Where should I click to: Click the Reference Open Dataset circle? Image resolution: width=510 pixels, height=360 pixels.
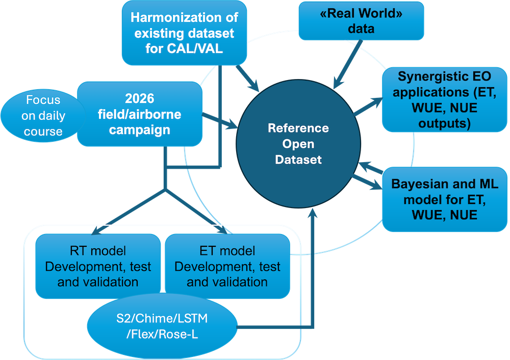[x=298, y=144]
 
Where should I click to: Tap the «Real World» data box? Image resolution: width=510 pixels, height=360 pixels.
[x=361, y=20]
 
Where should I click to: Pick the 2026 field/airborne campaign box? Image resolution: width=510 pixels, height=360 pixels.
[x=139, y=115]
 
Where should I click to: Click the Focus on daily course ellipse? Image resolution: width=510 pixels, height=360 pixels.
[x=43, y=116]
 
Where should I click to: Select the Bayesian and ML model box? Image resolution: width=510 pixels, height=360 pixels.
[x=445, y=199]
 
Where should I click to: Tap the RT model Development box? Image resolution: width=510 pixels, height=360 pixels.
[x=97, y=266]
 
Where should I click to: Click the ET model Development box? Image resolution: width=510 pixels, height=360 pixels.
[x=227, y=266]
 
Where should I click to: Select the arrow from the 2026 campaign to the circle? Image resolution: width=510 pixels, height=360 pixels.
[x=219, y=120]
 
